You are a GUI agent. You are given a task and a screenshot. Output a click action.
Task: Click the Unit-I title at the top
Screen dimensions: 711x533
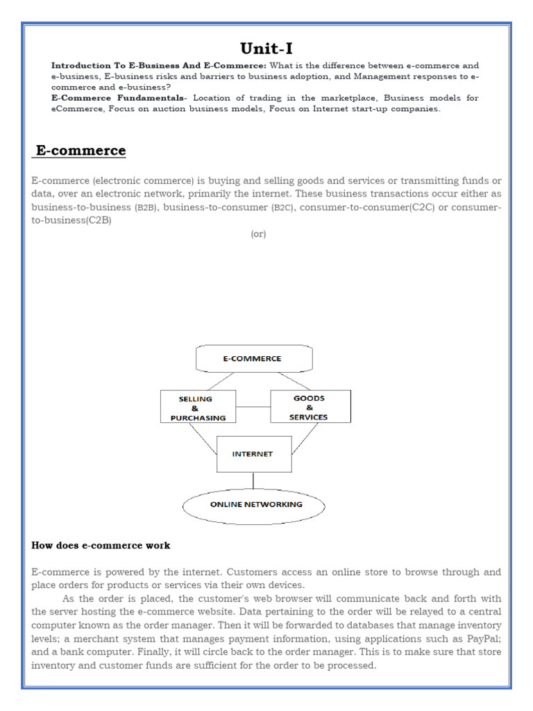tap(266, 48)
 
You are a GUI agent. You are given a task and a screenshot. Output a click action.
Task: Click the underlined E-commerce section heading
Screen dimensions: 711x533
tap(81, 151)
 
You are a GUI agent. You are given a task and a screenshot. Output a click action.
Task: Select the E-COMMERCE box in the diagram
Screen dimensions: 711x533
tap(255, 358)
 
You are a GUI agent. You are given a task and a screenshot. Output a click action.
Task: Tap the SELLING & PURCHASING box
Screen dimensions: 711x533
tap(198, 408)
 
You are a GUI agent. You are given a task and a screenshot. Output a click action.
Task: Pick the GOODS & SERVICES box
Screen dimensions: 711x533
tap(310, 407)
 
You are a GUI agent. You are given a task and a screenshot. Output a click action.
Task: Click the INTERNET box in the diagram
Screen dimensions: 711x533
tap(254, 454)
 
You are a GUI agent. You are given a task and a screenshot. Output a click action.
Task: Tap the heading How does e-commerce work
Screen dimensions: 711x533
tap(101, 545)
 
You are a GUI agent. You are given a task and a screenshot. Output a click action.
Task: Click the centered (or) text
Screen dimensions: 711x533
tap(259, 234)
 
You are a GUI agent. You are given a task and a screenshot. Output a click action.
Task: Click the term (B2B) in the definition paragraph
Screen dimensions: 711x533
tap(145, 208)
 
